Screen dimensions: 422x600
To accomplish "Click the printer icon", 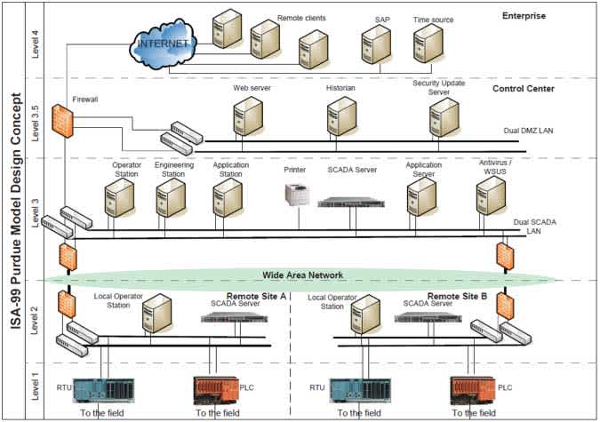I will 296,195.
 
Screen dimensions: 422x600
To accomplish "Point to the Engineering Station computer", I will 170,200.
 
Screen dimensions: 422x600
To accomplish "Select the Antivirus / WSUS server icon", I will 490,197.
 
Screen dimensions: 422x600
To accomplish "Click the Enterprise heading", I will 524,16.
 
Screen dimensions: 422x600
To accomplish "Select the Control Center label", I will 523,89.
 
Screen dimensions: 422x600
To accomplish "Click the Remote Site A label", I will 254,296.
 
